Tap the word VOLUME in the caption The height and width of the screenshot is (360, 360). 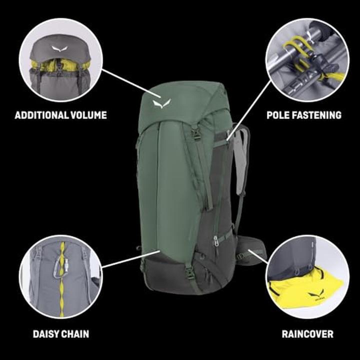[x=88, y=115]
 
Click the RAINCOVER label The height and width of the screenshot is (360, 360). [x=307, y=334]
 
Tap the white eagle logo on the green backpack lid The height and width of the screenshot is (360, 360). [x=162, y=104]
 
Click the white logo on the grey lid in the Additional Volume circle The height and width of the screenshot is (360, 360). [x=60, y=48]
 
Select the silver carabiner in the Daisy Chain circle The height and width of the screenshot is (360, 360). [x=60, y=267]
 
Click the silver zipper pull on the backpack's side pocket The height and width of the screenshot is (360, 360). [x=215, y=241]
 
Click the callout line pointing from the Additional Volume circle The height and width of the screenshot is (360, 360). [x=131, y=84]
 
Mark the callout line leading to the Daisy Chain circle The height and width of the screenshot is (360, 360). [x=131, y=259]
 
